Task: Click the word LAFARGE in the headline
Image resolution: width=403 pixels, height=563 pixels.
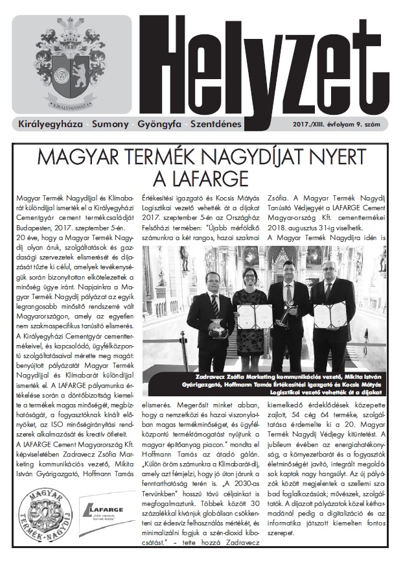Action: click(x=202, y=176)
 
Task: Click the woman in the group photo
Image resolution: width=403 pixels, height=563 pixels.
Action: click(x=249, y=305)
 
